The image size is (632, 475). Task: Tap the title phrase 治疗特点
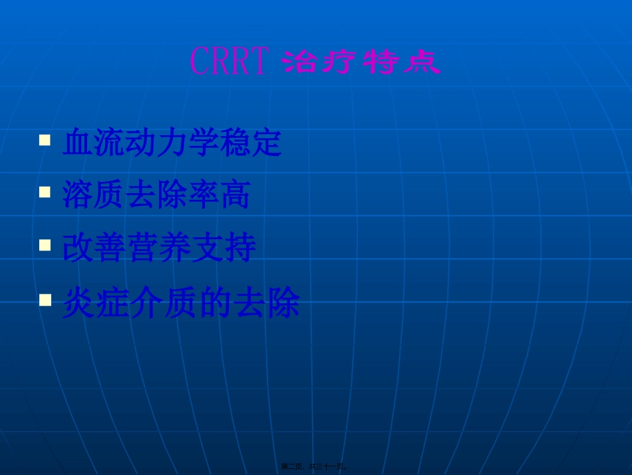click(361, 63)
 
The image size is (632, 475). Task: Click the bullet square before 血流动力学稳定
click(45, 141)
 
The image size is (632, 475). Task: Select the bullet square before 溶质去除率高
click(45, 192)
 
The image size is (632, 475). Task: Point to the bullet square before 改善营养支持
click(45, 244)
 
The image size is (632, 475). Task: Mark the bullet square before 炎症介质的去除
click(45, 300)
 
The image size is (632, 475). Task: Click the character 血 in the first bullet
click(78, 143)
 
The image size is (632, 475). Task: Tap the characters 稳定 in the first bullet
click(251, 143)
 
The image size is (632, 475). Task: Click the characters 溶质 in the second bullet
click(94, 195)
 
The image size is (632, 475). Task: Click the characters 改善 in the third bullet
click(94, 248)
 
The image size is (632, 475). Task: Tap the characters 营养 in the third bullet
click(159, 248)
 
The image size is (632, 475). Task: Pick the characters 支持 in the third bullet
click(224, 248)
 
